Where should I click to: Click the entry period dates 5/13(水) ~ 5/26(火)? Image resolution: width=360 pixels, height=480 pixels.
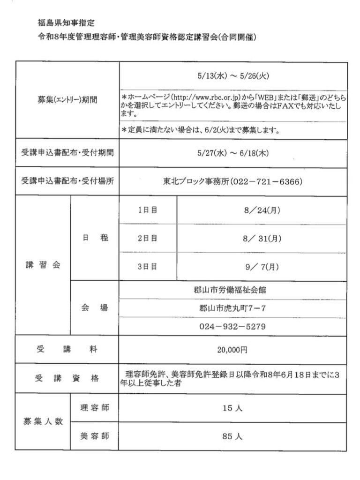coord(232,75)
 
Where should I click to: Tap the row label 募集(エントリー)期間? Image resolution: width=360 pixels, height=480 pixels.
coord(67,100)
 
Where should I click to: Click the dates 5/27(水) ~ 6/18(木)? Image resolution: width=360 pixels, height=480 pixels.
coord(232,153)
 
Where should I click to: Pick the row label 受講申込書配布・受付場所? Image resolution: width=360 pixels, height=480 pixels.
coord(67,181)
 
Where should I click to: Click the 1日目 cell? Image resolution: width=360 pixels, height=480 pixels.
coord(148,210)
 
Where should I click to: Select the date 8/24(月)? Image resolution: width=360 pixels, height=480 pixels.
coord(262,210)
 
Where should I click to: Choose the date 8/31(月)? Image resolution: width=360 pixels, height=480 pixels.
coord(262,239)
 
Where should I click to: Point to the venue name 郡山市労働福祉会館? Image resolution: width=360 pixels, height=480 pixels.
coord(232,290)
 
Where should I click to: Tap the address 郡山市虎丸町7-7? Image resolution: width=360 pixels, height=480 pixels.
coord(232,308)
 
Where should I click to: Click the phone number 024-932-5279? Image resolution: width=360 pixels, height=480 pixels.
coord(232,326)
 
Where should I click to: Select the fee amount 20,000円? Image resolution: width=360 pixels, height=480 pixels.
coord(232,350)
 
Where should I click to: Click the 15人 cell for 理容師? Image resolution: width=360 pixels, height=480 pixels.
coord(232,408)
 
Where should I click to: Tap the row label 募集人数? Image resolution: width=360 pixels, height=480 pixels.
coord(43,421)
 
